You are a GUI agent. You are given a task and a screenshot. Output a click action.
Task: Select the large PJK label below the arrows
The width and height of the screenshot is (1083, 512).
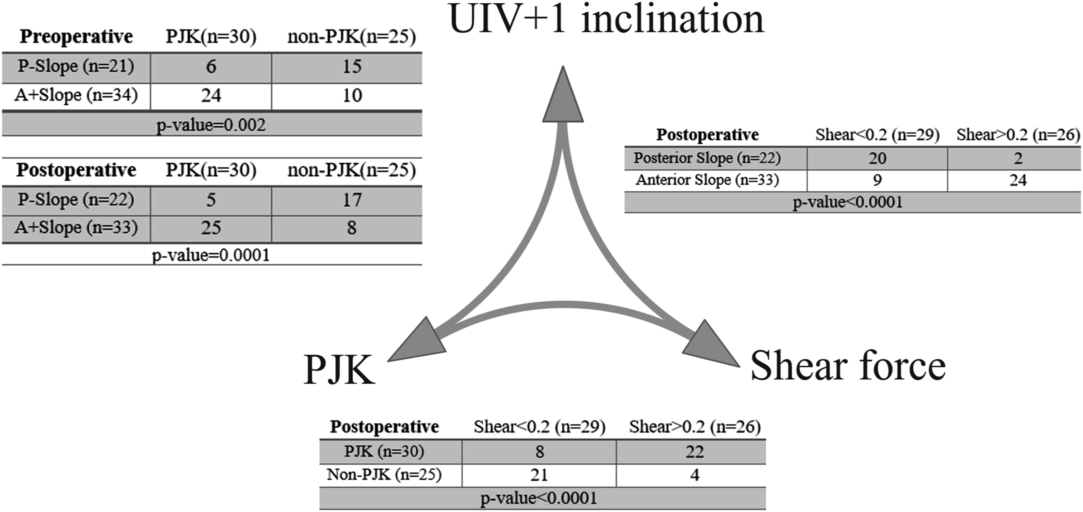coord(339,370)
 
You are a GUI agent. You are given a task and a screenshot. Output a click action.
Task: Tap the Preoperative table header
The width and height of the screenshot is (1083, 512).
coord(76,37)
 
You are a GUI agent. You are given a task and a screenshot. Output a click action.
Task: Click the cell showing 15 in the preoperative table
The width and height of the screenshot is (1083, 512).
coord(352,67)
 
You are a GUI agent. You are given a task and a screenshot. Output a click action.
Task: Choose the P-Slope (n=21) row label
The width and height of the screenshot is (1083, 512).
coord(76,67)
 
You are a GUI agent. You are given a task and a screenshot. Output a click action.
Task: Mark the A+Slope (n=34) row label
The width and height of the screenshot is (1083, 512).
coord(76,95)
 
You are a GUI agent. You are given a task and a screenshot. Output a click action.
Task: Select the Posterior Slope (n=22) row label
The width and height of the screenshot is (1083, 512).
coord(707,158)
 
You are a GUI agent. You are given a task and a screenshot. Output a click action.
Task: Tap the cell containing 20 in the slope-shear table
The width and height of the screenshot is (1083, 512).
coord(878,158)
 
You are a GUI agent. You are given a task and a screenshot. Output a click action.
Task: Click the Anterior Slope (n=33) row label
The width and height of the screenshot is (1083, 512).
coord(707,180)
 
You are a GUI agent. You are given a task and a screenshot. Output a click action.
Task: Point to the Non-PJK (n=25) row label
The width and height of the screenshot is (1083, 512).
coord(384,475)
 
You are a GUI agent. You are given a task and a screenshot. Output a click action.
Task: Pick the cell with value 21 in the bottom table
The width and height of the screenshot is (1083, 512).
coord(539,475)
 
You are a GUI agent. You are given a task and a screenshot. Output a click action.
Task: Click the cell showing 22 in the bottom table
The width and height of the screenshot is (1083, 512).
coord(695,452)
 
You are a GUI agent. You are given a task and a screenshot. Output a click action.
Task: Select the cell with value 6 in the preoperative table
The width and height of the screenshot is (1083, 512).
coord(211,67)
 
